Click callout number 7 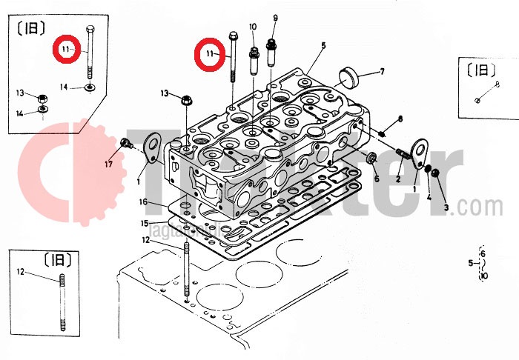tap(382, 72)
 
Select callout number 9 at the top tap(275, 18)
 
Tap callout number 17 tap(109, 164)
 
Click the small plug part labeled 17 tap(125, 142)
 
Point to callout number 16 tap(144, 201)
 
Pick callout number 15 tap(145, 223)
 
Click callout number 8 tap(400, 119)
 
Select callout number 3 tap(446, 208)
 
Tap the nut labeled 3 tap(437, 173)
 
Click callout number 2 tap(398, 180)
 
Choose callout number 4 tap(428, 196)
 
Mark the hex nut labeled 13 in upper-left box tap(43, 97)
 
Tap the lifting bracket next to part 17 tap(152, 145)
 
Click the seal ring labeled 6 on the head tap(372, 159)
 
